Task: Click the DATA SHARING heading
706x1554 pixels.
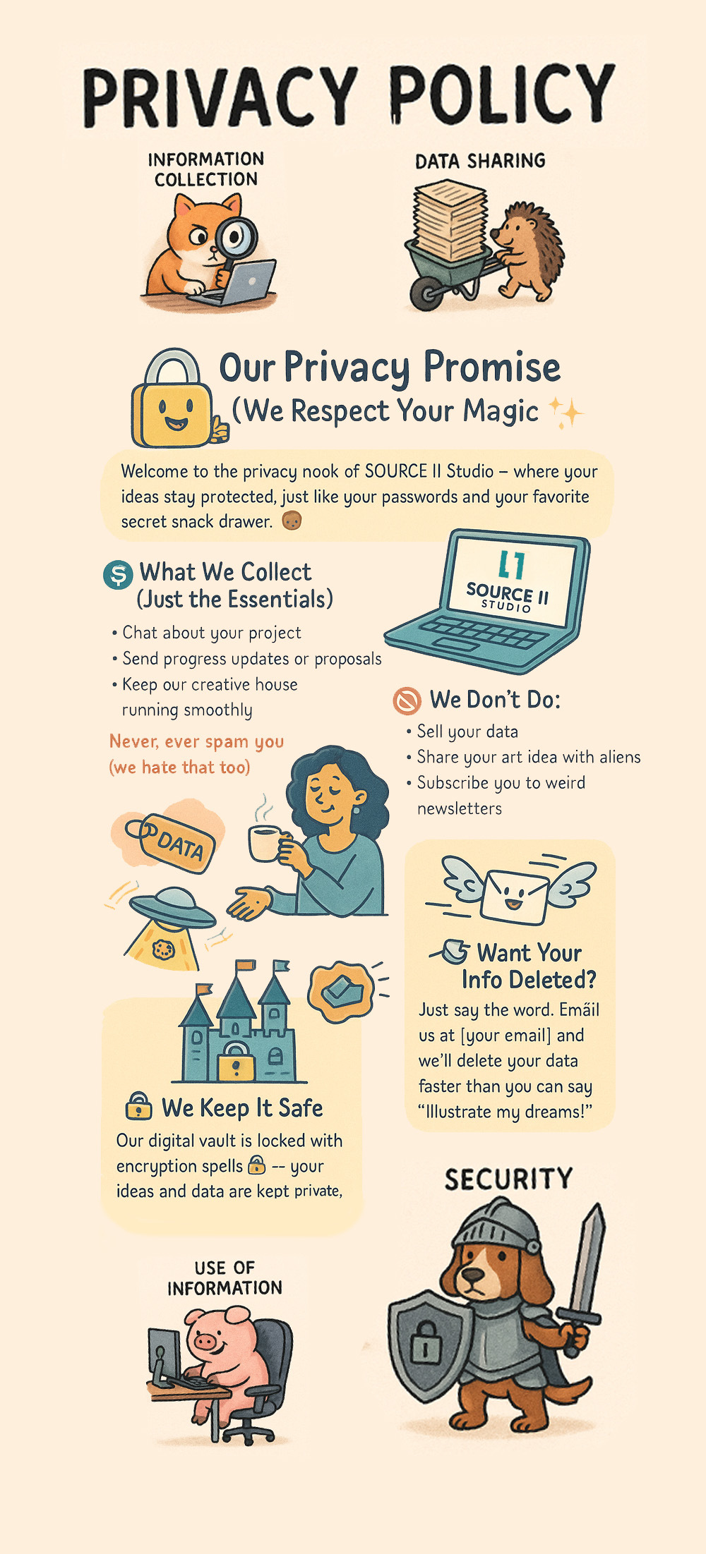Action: click(x=480, y=161)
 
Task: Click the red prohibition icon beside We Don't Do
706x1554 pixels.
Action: click(x=407, y=700)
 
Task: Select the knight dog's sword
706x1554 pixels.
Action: click(x=585, y=1277)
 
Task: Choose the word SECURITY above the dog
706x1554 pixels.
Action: click(x=508, y=1179)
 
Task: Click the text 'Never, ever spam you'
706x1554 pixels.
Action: click(x=196, y=741)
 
